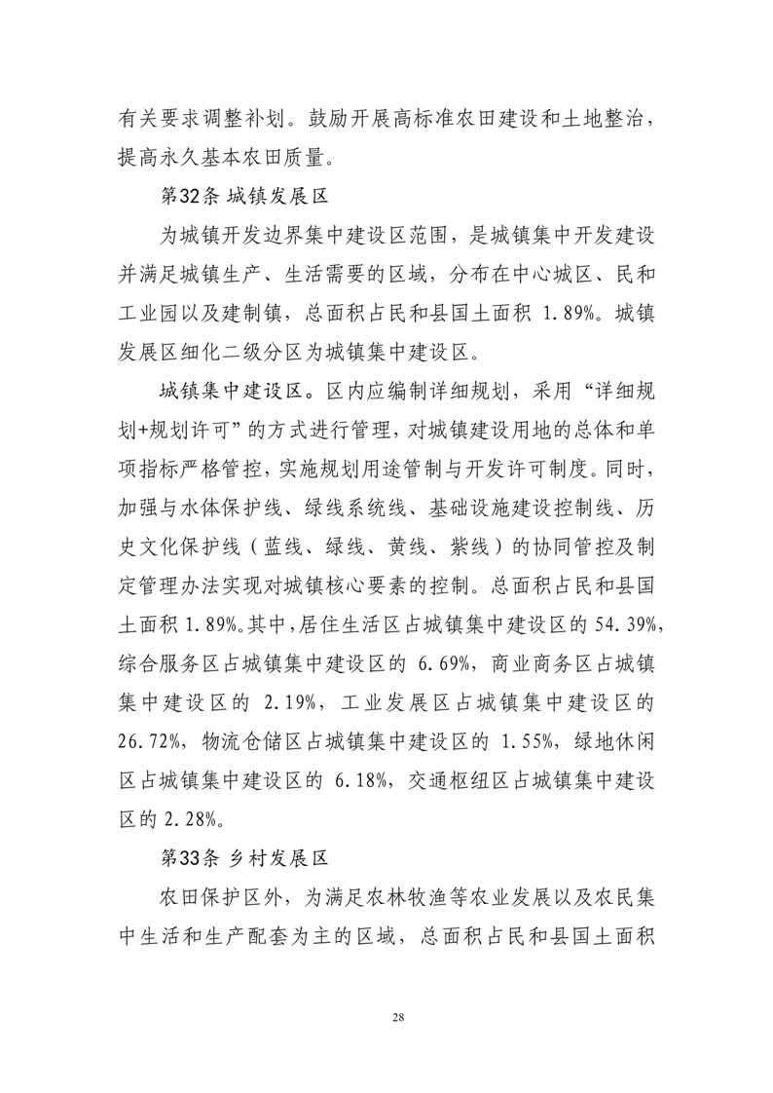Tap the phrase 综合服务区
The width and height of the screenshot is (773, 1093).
point(173,662)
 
